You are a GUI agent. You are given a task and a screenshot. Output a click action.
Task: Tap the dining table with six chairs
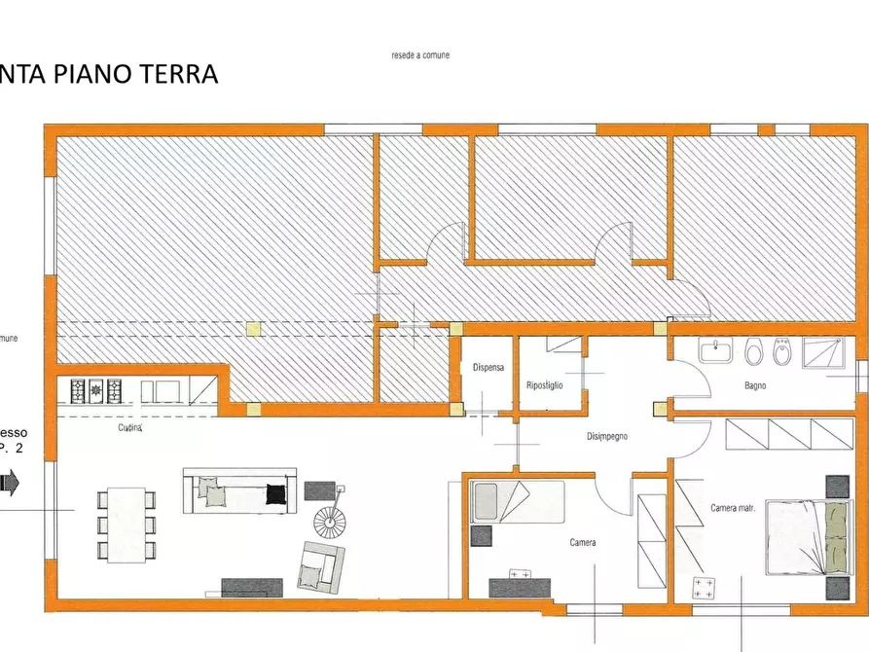(x=127, y=525)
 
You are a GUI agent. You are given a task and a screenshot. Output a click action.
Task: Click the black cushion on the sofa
(x=277, y=492)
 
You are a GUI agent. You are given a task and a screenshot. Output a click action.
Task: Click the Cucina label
(x=131, y=427)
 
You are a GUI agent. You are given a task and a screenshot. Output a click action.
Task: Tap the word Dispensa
(x=488, y=368)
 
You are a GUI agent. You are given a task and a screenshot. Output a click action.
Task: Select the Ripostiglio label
(x=544, y=385)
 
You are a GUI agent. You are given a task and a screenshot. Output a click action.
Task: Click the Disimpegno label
(x=606, y=437)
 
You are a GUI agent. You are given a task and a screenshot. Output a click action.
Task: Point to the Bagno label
(x=755, y=385)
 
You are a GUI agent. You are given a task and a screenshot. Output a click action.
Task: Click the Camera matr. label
(x=735, y=508)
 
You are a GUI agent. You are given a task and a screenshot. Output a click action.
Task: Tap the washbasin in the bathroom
(x=717, y=350)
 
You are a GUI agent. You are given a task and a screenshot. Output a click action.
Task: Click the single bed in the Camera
(x=516, y=501)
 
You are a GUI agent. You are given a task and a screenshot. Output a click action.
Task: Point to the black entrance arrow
(x=9, y=482)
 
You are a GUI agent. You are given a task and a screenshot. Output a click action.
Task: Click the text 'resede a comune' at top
(x=420, y=55)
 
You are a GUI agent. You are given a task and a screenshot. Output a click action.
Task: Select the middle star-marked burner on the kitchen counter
(x=96, y=391)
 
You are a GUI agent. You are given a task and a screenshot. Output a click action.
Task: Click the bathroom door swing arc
(x=690, y=379)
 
